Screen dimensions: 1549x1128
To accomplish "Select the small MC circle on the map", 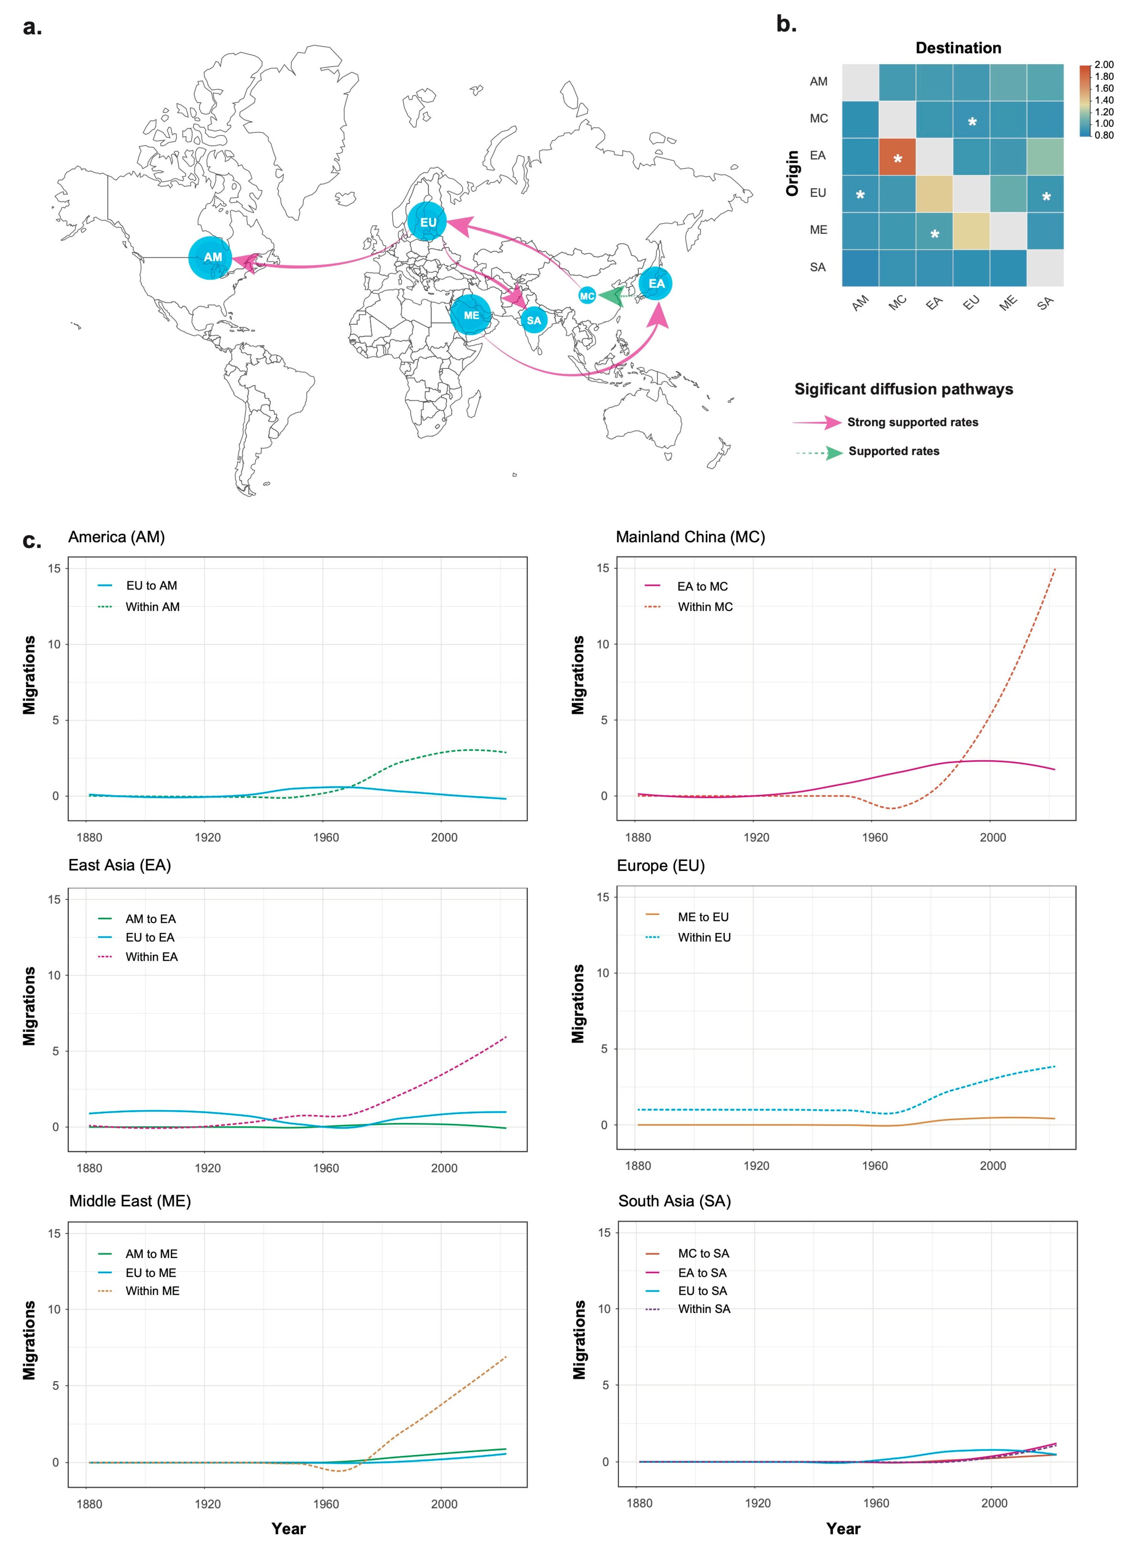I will click(587, 296).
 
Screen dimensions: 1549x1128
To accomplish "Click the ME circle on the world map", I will click(471, 315).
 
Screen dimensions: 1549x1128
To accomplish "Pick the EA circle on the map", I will click(656, 284).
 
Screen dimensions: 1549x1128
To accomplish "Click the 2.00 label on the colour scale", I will click(1103, 65).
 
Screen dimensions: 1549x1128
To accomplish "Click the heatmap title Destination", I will click(958, 48).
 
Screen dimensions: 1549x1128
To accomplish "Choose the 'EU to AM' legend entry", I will click(151, 585).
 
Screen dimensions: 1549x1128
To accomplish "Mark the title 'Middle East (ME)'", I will click(130, 1201).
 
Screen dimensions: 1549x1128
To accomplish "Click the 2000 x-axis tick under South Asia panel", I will click(994, 1503).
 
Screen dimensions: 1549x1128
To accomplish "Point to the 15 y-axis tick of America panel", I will click(54, 568).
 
